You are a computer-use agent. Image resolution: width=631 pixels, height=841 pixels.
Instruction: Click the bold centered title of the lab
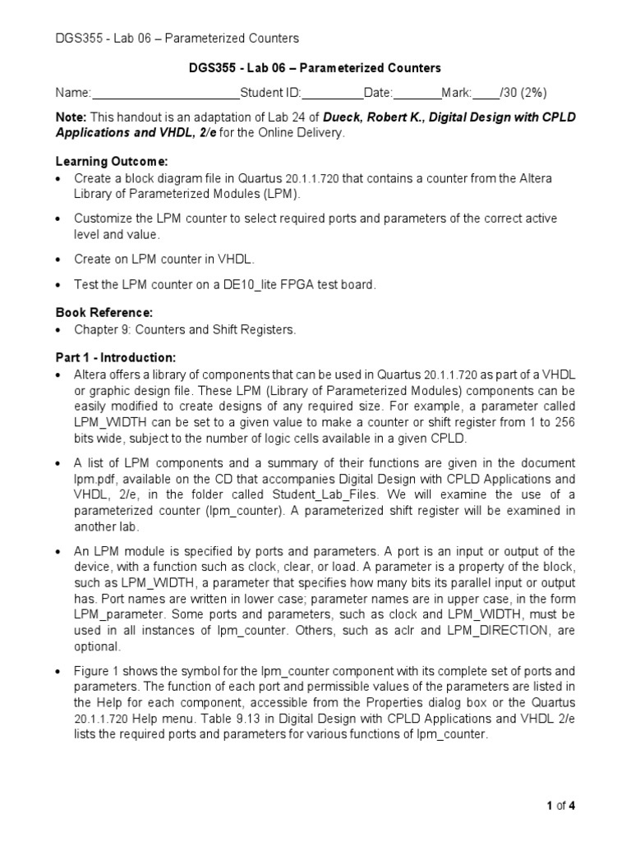315,67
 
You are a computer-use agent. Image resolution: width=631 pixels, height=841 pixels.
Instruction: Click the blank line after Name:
165,93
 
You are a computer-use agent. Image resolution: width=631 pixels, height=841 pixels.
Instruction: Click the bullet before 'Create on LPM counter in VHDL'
58,260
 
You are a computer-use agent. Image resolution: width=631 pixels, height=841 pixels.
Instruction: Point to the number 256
564,420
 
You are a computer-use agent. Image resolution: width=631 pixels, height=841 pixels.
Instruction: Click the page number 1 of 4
561,806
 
